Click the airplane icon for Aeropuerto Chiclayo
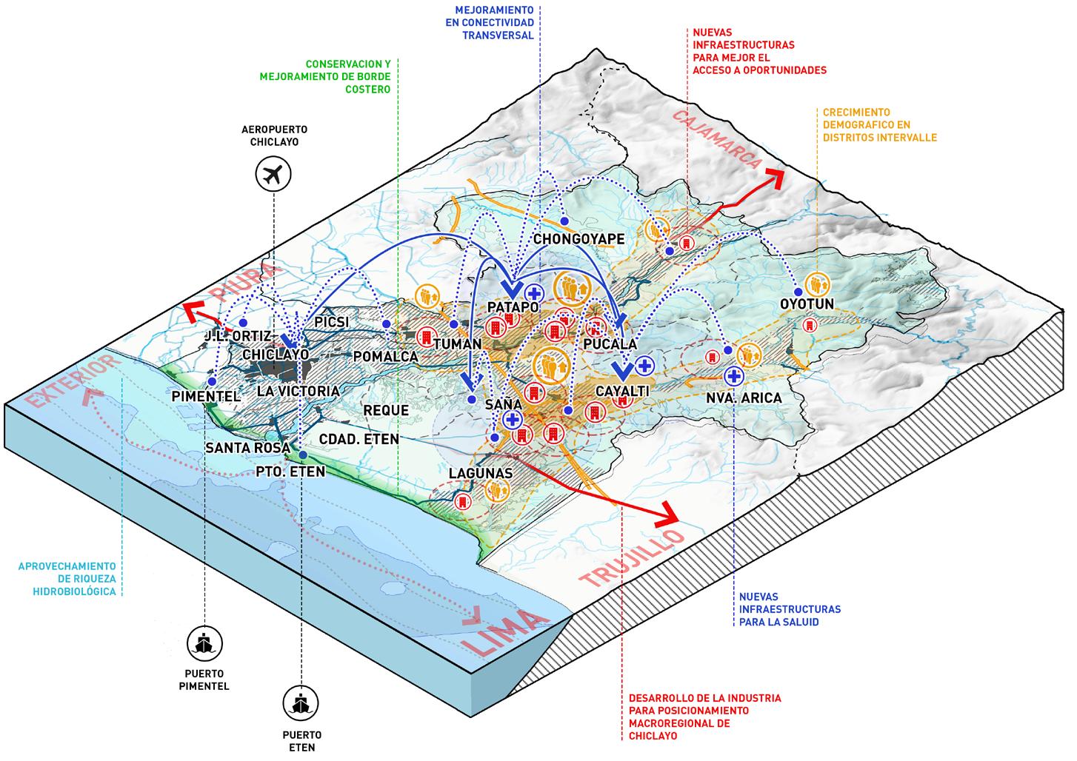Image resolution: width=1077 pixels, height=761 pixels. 273,175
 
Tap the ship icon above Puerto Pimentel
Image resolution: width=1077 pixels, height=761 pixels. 204,643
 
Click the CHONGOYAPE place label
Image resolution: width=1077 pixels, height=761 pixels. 578,239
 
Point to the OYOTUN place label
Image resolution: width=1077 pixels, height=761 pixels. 807,304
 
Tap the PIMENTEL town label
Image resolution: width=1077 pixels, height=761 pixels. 206,397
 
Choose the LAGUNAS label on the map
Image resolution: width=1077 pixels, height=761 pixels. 481,472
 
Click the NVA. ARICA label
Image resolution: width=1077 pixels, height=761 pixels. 744,398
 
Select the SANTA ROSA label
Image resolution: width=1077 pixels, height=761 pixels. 238,448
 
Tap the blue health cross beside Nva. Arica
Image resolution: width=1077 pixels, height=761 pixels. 733,376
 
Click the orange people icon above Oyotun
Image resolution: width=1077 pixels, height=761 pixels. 818,284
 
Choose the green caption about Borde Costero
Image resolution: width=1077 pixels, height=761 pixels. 325,76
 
